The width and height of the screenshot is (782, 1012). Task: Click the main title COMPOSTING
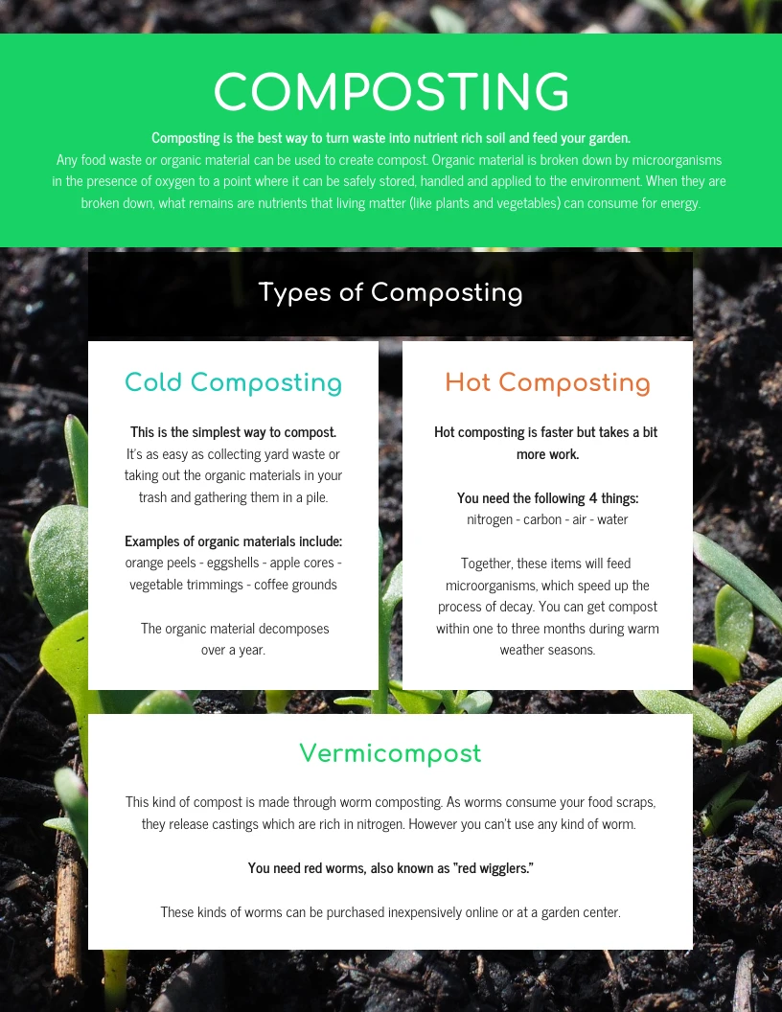click(391, 93)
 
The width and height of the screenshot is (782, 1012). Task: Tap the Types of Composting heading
click(391, 292)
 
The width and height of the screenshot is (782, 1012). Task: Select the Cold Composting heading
click(233, 383)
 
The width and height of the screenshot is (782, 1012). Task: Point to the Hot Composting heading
click(547, 383)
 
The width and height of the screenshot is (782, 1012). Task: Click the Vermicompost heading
click(390, 754)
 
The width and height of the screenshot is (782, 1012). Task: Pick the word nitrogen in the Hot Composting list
click(491, 519)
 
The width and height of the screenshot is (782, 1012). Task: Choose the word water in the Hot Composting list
click(611, 519)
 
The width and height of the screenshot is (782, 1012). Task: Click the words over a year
click(233, 650)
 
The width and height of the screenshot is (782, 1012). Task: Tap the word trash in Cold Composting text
click(152, 497)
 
